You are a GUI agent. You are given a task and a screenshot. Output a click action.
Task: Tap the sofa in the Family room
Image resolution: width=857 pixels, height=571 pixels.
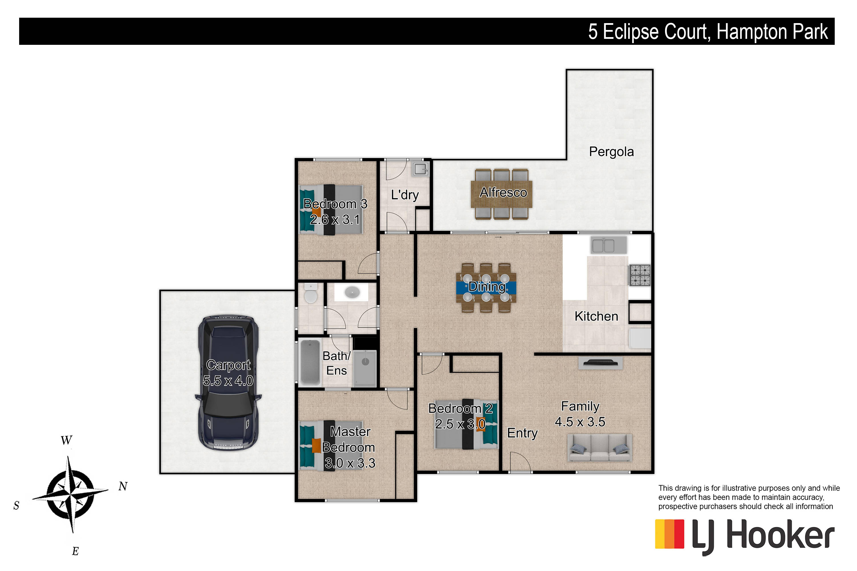tap(600, 448)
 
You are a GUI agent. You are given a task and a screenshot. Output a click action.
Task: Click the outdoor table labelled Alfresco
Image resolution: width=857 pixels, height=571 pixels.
tap(501, 194)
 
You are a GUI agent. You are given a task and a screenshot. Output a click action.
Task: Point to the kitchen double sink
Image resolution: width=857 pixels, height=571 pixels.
tap(608, 245)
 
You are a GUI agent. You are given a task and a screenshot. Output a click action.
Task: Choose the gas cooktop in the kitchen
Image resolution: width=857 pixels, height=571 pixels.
tap(640, 275)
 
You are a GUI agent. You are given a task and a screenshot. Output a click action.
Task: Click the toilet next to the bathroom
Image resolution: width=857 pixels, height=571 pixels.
tap(311, 293)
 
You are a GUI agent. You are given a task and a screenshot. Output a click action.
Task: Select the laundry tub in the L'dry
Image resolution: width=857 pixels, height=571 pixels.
tap(420, 169)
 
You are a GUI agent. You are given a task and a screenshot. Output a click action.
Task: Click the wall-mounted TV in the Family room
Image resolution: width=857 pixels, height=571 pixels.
tap(600, 363)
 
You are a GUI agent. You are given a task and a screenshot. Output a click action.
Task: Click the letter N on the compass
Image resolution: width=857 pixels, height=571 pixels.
tap(123, 486)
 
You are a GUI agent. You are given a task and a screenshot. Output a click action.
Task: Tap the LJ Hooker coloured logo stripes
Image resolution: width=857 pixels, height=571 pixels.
tap(669, 534)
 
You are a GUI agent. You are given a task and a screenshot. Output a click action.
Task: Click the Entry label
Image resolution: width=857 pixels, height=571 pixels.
tap(522, 433)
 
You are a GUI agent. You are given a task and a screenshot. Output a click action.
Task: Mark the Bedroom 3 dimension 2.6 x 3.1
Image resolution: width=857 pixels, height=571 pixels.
tap(335, 220)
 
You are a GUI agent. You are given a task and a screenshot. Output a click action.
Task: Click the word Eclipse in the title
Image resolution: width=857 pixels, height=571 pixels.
tap(655, 32)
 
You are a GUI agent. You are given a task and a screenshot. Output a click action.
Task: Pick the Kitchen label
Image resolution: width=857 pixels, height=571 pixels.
tap(596, 316)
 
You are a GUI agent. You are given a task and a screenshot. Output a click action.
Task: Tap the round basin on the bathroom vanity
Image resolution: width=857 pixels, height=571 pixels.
tap(352, 292)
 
